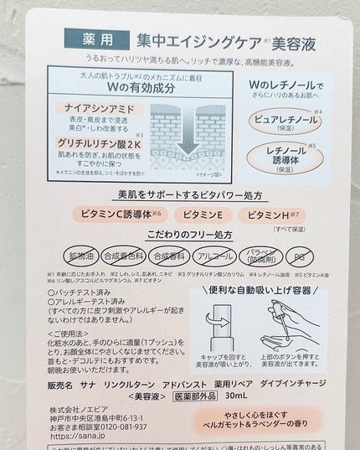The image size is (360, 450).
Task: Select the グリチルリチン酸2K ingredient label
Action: click(x=99, y=144)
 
